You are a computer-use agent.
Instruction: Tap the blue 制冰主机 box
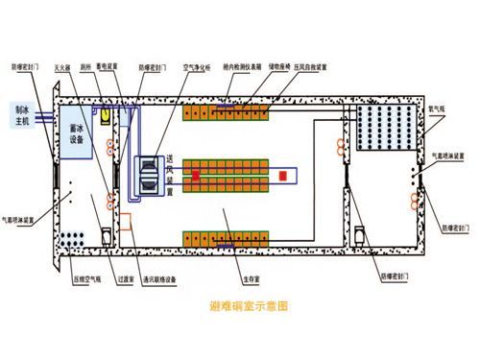pos(19,115)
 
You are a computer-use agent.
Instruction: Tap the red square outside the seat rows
pos(284,176)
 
